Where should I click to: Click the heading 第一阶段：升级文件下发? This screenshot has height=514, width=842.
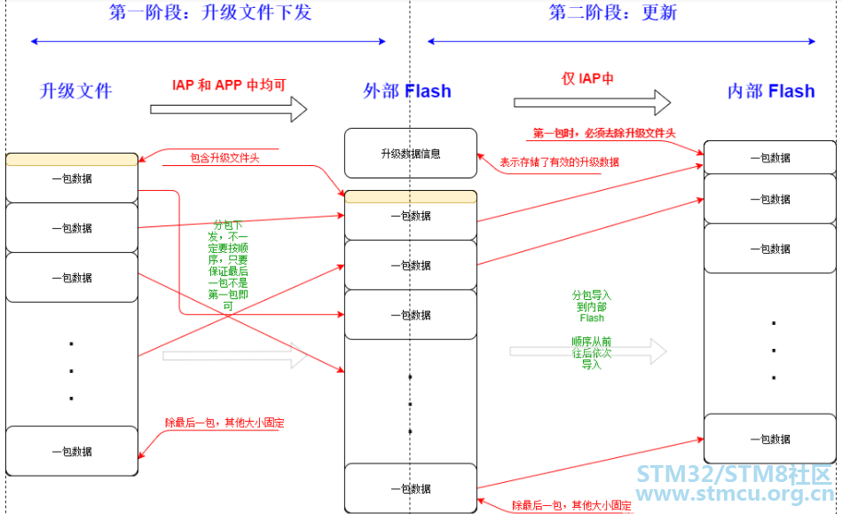coord(210,12)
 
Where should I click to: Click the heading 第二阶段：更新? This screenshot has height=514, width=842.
coord(613,12)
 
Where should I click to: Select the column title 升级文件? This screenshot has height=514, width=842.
coord(75,91)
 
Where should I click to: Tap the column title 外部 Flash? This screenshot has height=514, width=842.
coord(407,91)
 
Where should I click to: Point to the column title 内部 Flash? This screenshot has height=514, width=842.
coord(771,91)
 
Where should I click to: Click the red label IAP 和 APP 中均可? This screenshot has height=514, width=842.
coord(229,85)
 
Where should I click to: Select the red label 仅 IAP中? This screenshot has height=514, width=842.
coord(587,78)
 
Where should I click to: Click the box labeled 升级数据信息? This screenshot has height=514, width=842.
coord(411,153)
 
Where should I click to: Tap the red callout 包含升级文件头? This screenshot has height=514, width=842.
coord(225,158)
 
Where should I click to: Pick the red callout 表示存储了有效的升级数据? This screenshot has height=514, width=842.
coord(560,162)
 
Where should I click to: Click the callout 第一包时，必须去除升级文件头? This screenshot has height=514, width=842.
coord(604,133)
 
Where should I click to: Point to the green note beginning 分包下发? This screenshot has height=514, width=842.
coord(228,265)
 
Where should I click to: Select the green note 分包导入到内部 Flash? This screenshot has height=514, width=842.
coord(592,306)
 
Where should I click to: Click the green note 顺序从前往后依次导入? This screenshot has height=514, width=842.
coord(592,352)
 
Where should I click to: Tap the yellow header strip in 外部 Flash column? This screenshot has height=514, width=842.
coord(411,196)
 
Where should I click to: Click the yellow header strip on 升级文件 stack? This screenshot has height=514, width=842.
coord(72,160)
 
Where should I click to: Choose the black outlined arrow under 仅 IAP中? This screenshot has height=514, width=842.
coord(593,103)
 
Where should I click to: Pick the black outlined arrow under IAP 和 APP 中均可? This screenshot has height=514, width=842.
coord(229,109)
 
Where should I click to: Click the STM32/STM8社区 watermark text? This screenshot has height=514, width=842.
coord(734,474)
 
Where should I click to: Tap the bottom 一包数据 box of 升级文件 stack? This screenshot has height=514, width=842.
coord(72,451)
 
